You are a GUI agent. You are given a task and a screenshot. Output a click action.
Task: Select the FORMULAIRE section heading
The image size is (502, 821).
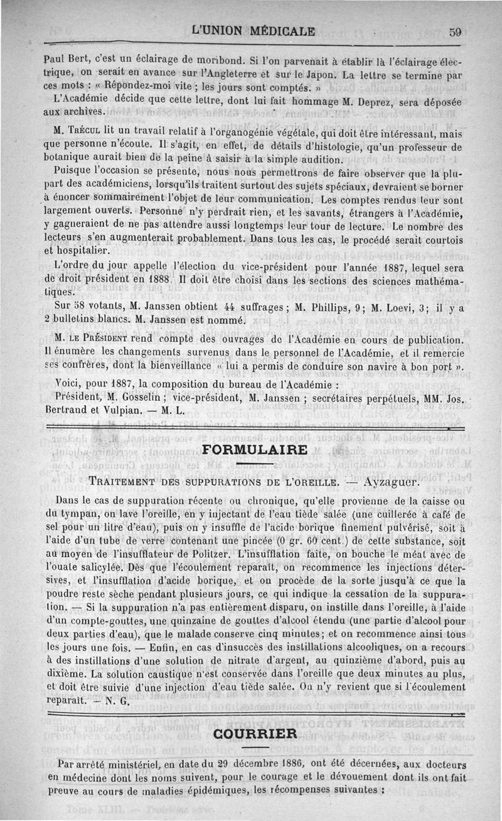(x=255, y=450)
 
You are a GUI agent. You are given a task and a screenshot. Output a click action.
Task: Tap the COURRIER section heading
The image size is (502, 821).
(x=254, y=734)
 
